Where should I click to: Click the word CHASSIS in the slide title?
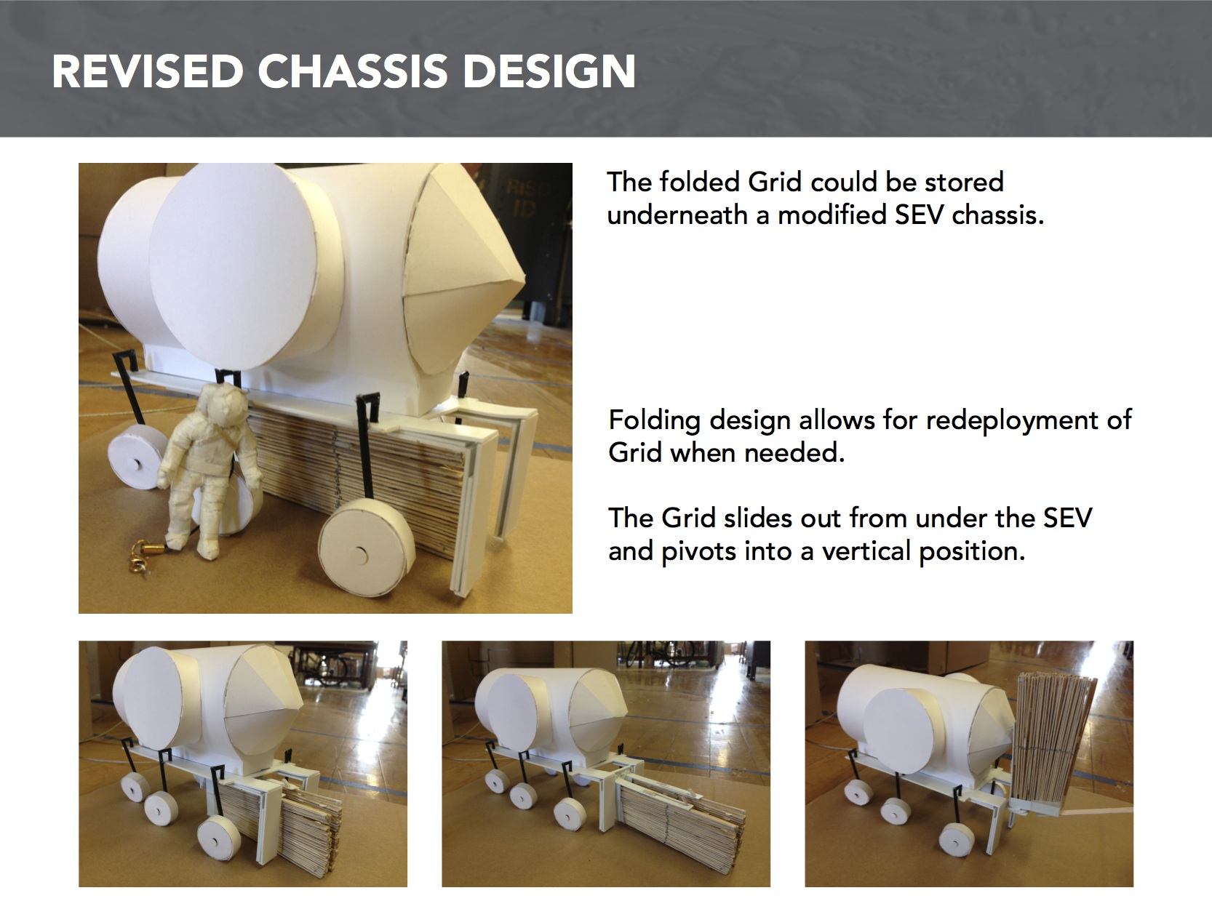(x=352, y=71)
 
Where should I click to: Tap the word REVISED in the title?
(x=148, y=71)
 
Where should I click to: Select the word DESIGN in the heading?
(x=549, y=71)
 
